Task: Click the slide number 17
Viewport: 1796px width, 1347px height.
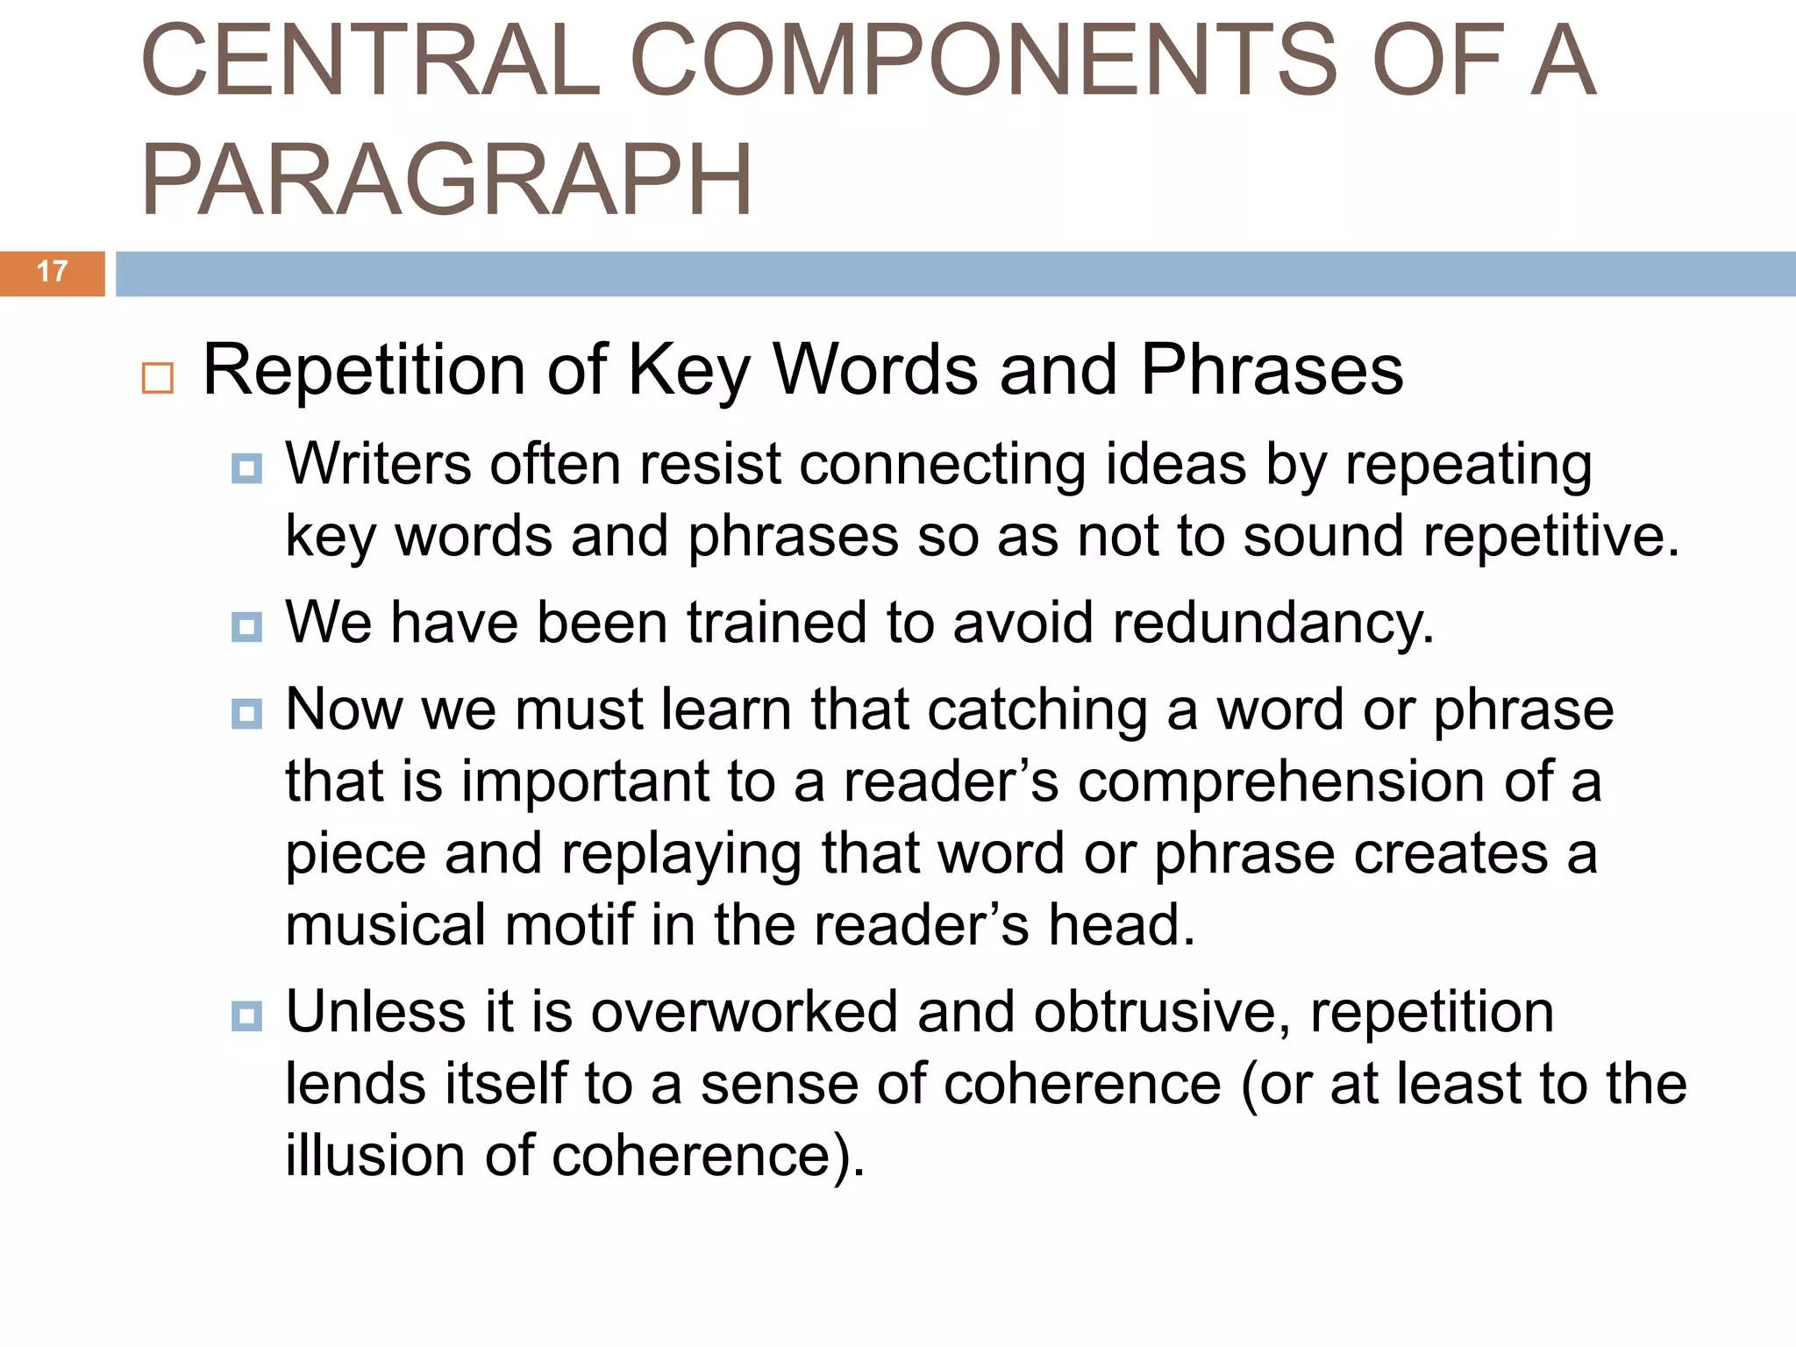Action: (53, 272)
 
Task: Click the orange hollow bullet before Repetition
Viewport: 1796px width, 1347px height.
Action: (158, 378)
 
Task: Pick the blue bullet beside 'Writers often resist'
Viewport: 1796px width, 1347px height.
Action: (246, 468)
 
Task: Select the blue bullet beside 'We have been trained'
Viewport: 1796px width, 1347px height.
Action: (246, 627)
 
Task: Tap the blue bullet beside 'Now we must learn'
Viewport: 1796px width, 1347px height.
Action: (246, 714)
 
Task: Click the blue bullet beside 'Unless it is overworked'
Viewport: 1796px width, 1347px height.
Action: (246, 1016)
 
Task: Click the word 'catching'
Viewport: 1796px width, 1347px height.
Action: (1037, 711)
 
